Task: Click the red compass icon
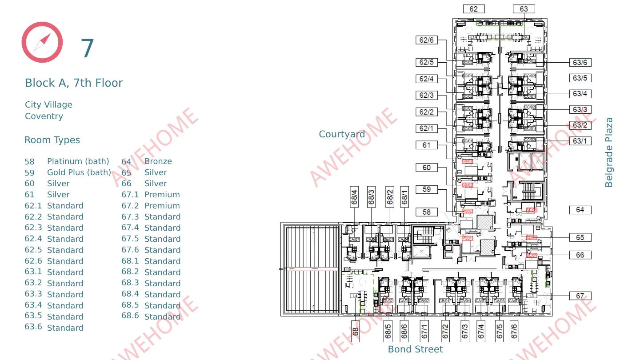tap(42, 42)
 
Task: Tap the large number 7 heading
tap(88, 48)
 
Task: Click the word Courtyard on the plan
tap(342, 134)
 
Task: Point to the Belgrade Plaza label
tap(609, 152)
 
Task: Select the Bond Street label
tap(415, 349)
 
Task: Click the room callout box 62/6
tap(427, 40)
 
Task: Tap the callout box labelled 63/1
tap(580, 141)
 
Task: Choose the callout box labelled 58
tap(427, 212)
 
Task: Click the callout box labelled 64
tap(580, 210)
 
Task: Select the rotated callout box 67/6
tap(514, 331)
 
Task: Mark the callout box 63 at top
tap(524, 9)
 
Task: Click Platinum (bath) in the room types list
tap(78, 161)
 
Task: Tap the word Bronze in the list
tap(158, 161)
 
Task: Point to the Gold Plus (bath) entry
tap(79, 172)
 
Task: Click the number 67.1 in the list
tap(130, 195)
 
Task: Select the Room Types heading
tap(52, 140)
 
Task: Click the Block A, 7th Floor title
tap(74, 83)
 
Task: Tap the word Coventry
tap(44, 116)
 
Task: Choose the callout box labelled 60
tap(427, 168)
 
